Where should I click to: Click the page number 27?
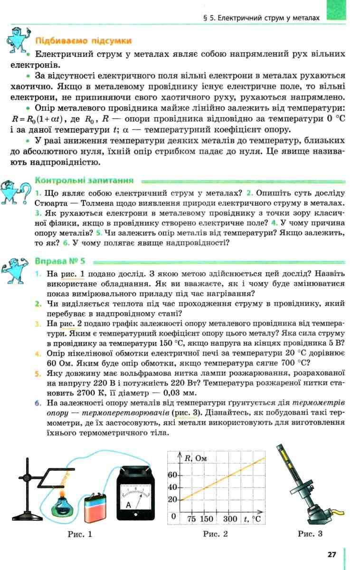tap(332, 554)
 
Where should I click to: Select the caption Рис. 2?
tap(215, 534)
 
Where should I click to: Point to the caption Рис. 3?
tap(310, 534)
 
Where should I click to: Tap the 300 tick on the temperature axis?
tap(230, 519)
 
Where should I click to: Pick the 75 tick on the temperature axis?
tap(191, 519)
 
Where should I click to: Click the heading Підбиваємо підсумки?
tap(84, 41)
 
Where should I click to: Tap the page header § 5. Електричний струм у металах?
tap(261, 18)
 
